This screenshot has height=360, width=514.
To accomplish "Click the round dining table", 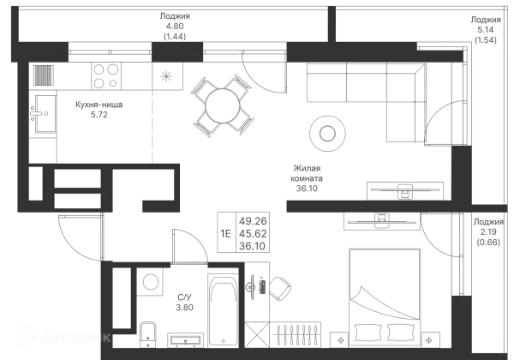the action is point(223,106).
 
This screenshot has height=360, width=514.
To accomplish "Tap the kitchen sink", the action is point(45,114).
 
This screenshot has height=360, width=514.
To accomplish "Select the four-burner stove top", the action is point(106,76).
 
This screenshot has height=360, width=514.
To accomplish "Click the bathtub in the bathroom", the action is point(224,310).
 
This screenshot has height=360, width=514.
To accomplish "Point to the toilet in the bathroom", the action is point(148,334).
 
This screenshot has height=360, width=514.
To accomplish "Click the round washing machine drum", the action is point(151,282).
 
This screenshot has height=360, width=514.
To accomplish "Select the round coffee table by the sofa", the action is point(327,134).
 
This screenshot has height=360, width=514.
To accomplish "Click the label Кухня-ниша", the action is point(99,105).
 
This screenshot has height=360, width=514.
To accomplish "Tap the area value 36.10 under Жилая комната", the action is point(307,189).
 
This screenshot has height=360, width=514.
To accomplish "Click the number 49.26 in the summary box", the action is point(253,221).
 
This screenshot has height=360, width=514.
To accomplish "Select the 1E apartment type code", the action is point(225,233).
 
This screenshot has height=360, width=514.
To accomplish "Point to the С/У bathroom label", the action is point(184,297).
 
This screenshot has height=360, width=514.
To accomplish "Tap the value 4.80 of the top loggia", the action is point(175,26).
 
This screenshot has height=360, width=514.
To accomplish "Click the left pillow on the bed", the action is point(368,332).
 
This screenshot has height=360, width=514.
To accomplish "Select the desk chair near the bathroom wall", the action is point(279,289).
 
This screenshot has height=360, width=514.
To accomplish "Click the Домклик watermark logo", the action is point(64,336).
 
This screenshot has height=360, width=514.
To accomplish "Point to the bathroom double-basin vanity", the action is point(185,340).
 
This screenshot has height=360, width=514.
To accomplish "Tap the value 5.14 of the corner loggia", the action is point(486,30).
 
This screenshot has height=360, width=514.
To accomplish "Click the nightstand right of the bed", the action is point(430,340).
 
